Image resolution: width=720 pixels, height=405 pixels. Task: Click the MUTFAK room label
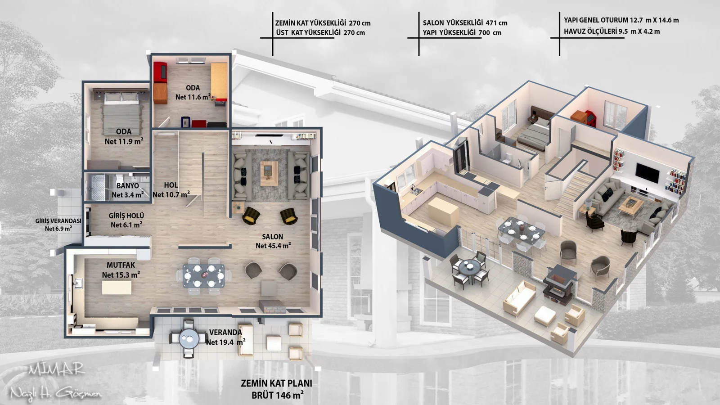pos(121,265)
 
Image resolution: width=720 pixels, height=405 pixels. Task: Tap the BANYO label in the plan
pos(128,186)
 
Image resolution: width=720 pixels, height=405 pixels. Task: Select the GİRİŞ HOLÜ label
pos(126,216)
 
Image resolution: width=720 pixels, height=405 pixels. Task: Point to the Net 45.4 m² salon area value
pos(273,246)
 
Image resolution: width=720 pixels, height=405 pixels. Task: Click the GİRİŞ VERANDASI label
pos(58,221)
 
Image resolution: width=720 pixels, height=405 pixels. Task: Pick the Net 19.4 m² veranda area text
pos(225,342)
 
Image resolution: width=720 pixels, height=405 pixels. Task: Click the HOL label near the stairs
pos(171,185)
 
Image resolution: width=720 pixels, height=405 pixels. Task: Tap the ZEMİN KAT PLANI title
pos(276,383)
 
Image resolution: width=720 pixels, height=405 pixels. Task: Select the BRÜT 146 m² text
pos(277,395)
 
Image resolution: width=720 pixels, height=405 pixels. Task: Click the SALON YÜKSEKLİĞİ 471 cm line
pos(465,23)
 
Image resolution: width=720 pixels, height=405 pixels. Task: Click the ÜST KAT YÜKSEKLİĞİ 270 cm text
pos(320,32)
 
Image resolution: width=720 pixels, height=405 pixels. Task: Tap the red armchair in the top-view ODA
pos(160,72)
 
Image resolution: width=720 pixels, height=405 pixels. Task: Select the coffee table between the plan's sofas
pos(269,173)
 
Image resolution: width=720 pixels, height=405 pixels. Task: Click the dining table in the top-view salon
pos(204,276)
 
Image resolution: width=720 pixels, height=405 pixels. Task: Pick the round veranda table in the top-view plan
pos(189,338)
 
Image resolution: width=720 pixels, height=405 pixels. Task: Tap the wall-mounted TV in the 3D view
pos(648,173)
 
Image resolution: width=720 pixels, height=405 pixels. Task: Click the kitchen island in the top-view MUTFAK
pos(117,288)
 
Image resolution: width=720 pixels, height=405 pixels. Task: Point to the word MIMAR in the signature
pos(56,369)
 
